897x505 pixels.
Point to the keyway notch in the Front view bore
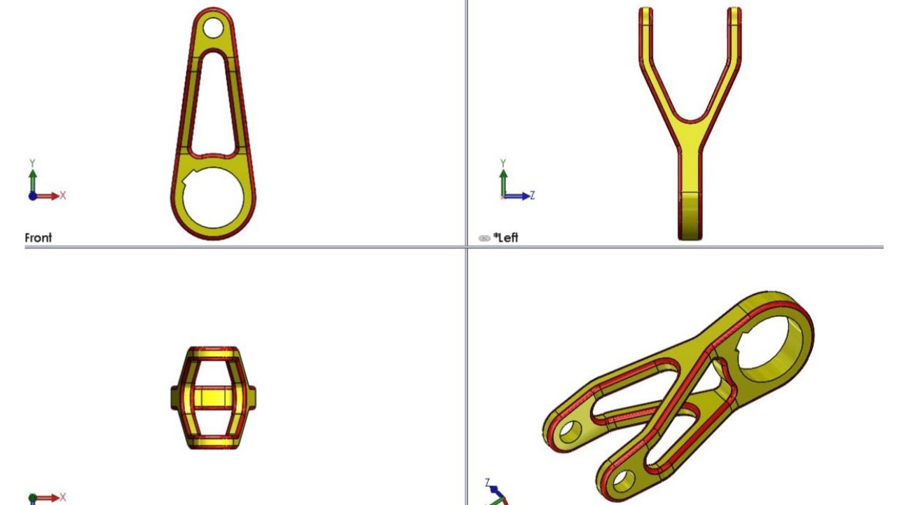187,181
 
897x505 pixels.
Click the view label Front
39,238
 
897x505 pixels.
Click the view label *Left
505,238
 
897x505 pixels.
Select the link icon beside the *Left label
484,238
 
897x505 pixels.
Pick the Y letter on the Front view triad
32,163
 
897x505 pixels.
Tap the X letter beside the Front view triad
62,196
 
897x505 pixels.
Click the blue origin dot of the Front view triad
32,196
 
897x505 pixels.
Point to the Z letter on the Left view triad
533,196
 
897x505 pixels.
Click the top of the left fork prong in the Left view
645,11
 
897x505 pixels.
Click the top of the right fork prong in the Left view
734,11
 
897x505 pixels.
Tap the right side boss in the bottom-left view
252,397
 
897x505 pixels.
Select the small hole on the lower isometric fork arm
621,480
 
